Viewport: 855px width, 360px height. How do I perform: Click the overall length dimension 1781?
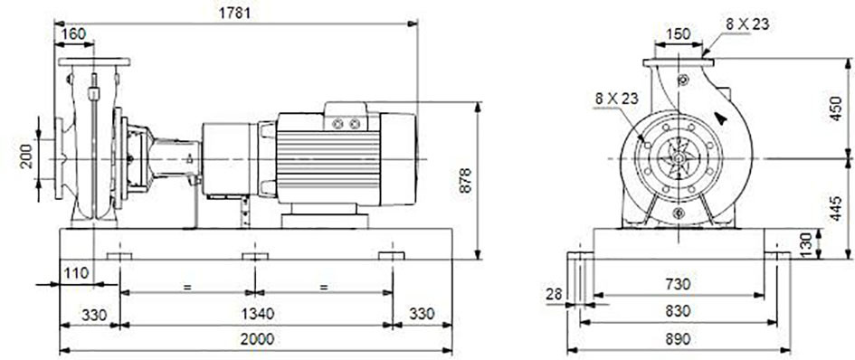(235, 13)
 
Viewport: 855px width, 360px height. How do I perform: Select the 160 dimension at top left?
(73, 33)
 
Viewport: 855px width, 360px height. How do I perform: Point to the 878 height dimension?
(464, 179)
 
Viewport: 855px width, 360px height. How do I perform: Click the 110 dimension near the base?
(76, 273)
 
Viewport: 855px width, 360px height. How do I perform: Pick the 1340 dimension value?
(256, 314)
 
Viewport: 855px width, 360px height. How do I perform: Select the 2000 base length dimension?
(257, 339)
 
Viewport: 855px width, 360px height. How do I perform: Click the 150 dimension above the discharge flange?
(678, 33)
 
